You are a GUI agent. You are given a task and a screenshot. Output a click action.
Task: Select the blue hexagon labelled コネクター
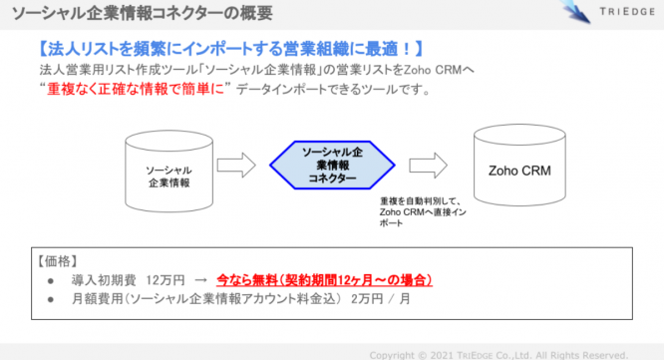point(325,163)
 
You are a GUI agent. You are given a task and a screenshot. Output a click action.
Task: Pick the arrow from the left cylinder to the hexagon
point(235,164)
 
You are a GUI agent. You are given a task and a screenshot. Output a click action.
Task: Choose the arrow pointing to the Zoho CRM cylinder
point(426,164)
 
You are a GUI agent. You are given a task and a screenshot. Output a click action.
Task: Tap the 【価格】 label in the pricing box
point(59,261)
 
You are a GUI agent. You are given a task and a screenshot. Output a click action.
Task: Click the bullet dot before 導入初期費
point(50,281)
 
